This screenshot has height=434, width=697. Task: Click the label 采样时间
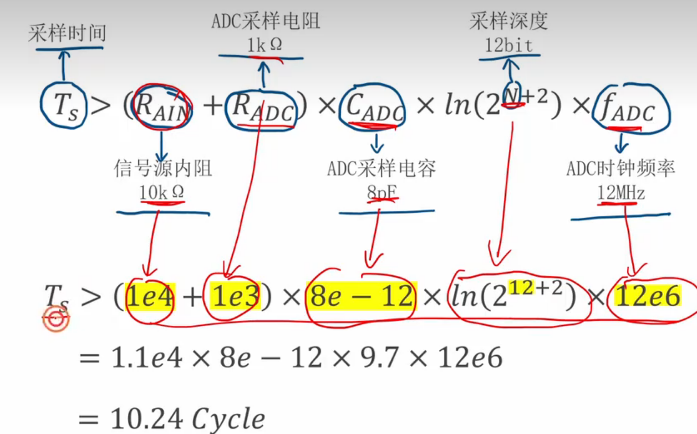point(67,34)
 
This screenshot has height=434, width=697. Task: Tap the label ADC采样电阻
point(266,22)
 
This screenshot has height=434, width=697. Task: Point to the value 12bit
point(508,45)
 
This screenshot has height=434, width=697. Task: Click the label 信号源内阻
point(163,168)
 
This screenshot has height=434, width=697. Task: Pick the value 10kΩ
point(162,192)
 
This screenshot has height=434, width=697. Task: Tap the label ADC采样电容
point(381,168)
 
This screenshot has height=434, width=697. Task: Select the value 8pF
point(382,192)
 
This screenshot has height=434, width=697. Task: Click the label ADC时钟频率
point(621,168)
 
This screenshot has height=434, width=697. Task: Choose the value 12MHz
point(621,193)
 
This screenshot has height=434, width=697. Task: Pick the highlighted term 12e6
point(647,297)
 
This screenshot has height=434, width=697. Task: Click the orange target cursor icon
point(56,319)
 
